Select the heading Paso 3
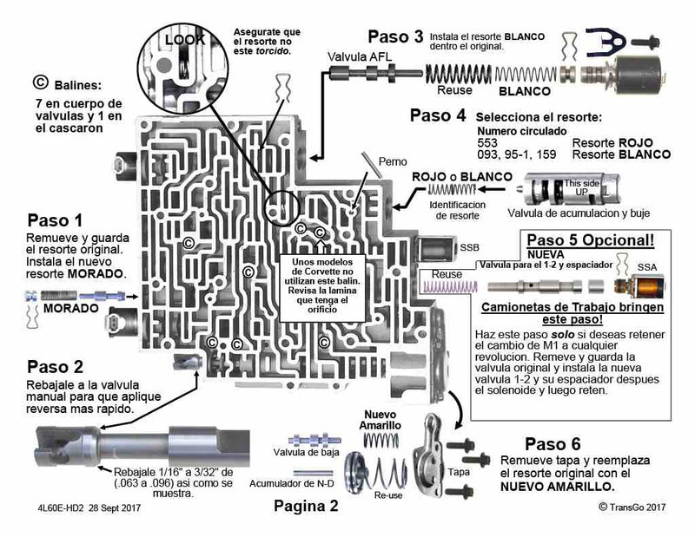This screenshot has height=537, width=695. (395, 36)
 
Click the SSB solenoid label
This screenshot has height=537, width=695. (469, 247)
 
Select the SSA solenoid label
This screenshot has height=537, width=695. (647, 267)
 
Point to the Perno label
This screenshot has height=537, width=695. (393, 161)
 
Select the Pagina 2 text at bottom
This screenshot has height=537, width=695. (305, 506)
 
